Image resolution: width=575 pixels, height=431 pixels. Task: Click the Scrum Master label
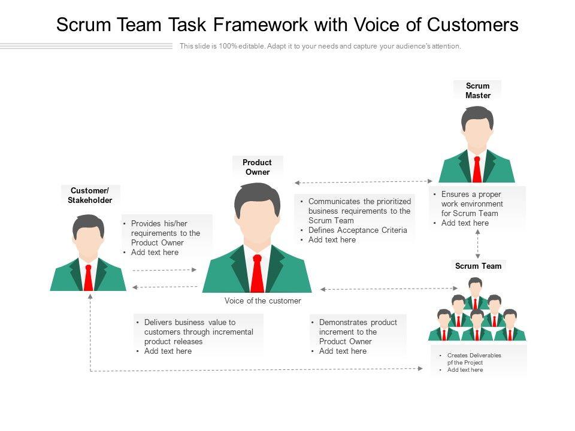click(477, 90)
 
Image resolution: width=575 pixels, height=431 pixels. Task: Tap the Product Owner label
click(257, 167)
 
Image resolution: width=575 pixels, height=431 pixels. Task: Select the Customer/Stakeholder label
click(90, 196)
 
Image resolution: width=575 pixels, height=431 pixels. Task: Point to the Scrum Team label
click(478, 266)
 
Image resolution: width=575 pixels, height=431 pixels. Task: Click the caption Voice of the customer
click(263, 301)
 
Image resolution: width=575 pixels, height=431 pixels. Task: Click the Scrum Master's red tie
click(477, 169)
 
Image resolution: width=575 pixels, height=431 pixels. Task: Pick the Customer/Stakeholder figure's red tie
click(89, 277)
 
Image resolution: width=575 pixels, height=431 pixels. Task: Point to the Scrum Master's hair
click(477, 115)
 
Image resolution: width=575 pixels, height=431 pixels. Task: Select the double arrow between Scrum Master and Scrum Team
click(477, 242)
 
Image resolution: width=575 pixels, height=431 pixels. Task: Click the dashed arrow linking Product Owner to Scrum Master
click(363, 181)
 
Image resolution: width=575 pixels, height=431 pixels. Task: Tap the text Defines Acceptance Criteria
click(358, 230)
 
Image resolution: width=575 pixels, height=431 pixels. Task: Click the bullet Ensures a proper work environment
click(472, 204)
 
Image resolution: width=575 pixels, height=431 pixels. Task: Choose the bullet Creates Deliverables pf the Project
click(474, 359)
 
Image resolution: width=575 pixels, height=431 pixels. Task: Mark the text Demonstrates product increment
click(358, 332)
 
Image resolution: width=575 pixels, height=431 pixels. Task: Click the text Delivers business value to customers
click(198, 332)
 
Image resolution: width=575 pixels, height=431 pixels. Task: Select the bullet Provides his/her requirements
click(165, 233)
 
